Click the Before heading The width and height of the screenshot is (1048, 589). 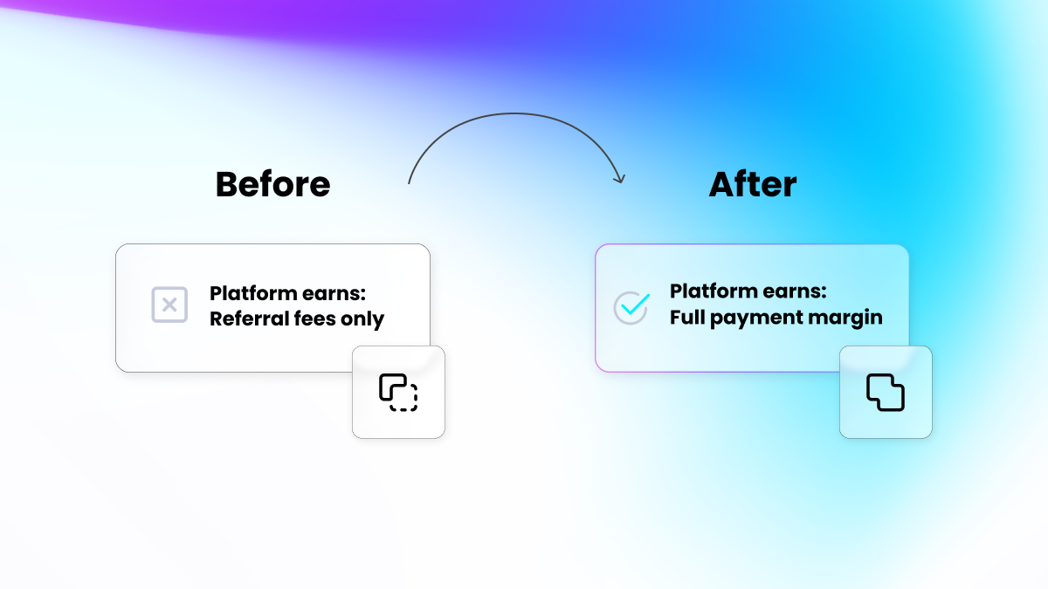click(x=272, y=184)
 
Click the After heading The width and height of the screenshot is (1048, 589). click(x=752, y=184)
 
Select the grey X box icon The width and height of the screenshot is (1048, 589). click(x=169, y=305)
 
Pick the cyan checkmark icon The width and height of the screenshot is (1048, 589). click(x=631, y=306)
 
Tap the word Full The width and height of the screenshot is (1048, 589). click(x=687, y=317)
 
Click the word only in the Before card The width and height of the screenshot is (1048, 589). click(x=362, y=319)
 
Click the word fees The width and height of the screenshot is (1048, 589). click(x=310, y=318)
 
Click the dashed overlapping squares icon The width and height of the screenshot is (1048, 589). click(x=398, y=392)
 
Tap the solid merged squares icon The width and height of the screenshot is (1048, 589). click(x=886, y=392)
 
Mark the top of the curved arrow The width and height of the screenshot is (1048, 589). click(x=515, y=113)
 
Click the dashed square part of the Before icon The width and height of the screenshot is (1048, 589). click(x=403, y=397)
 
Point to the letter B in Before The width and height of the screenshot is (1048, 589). click(x=228, y=184)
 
